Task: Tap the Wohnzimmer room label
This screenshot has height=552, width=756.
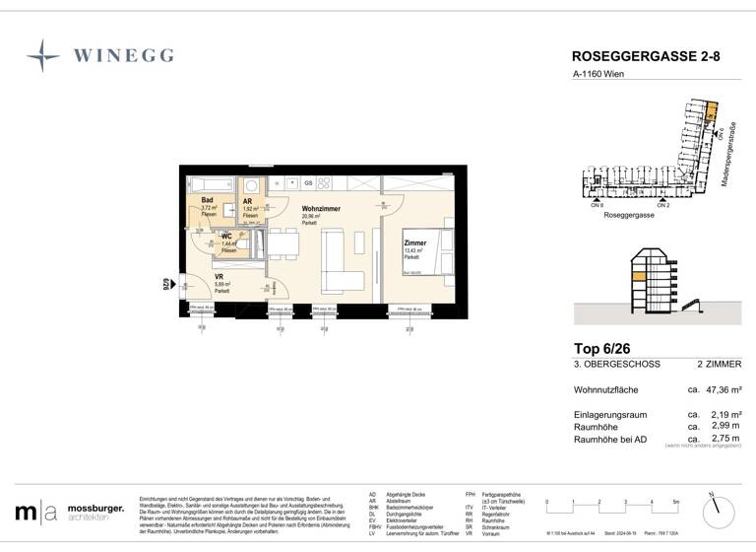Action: click(320, 210)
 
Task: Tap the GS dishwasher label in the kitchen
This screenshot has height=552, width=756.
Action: click(308, 183)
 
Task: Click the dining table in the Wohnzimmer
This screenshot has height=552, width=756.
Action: click(282, 244)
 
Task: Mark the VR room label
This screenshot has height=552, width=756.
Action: click(220, 277)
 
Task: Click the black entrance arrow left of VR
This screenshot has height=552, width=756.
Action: click(172, 287)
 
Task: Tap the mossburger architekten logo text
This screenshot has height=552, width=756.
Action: click(95, 512)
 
